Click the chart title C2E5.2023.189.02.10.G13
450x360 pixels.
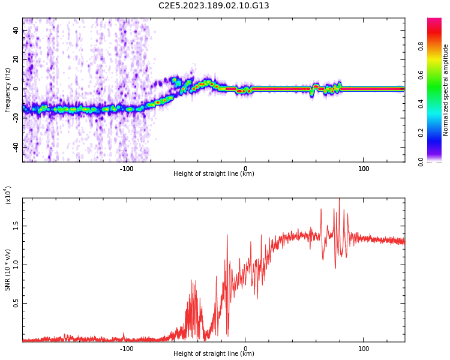tap(214, 6)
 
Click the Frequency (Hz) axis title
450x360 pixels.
tap(7, 90)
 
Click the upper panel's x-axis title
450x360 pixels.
tap(214, 174)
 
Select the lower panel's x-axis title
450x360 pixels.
tap(214, 354)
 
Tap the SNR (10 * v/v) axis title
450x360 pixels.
tap(7, 270)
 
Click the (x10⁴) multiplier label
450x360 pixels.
tap(8, 195)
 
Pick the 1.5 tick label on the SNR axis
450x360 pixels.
tap(16, 226)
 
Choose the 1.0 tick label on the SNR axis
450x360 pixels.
tap(16, 265)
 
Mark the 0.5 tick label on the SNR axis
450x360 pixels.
tap(16, 304)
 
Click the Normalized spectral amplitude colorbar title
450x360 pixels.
tap(446, 90)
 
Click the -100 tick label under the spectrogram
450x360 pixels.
tap(127, 169)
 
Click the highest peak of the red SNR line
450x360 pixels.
tap(340, 200)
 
